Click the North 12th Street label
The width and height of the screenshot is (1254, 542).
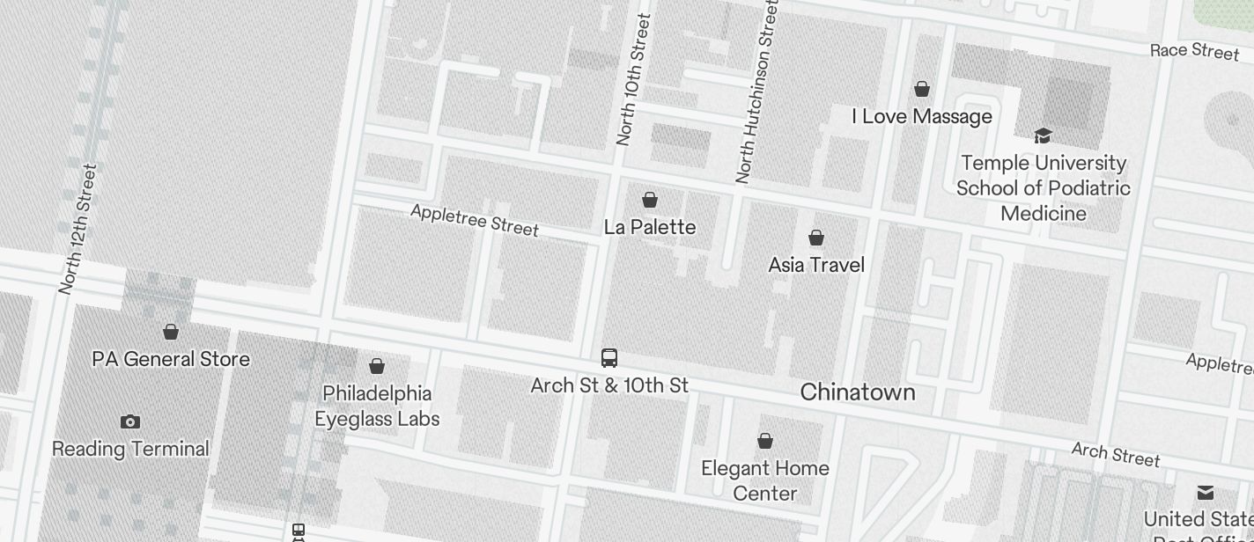tap(77, 229)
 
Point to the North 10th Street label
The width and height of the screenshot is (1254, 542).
tap(633, 79)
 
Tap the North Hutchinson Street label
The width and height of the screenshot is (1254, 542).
tap(757, 92)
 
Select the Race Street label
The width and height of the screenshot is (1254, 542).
tap(1194, 50)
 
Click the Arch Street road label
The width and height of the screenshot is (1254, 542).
tap(1115, 454)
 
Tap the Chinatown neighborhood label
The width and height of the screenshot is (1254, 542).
tap(857, 392)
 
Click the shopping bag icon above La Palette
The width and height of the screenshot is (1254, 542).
tap(650, 200)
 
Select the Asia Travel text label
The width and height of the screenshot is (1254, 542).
tap(816, 265)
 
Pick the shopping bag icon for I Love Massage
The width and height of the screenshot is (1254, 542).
tap(922, 89)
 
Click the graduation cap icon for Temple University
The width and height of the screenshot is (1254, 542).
tap(1043, 135)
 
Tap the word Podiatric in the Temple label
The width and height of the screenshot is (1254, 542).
tap(1086, 188)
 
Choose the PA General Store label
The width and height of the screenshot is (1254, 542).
tap(171, 359)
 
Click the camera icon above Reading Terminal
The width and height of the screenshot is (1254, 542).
tap(130, 421)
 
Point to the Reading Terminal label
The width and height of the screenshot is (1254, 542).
tap(130, 449)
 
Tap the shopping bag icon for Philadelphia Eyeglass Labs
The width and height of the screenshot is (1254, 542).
tap(377, 366)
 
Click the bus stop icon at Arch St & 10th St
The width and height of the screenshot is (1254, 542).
tap(609, 358)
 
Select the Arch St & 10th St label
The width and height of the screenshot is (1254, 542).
tap(609, 385)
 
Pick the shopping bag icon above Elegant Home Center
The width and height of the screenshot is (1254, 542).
tap(765, 441)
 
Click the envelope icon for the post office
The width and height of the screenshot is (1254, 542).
tap(1205, 492)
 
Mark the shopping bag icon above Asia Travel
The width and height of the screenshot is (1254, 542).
tap(816, 238)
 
